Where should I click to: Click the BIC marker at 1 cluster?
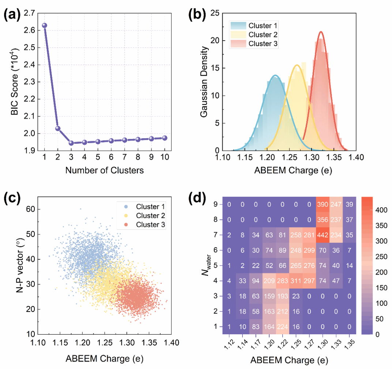point(44,25)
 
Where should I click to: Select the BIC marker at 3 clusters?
point(71,143)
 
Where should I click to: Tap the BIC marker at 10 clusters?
point(165,138)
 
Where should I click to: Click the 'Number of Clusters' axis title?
point(104,170)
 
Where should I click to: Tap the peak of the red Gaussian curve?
point(321,32)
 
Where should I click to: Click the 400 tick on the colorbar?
point(377,210)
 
